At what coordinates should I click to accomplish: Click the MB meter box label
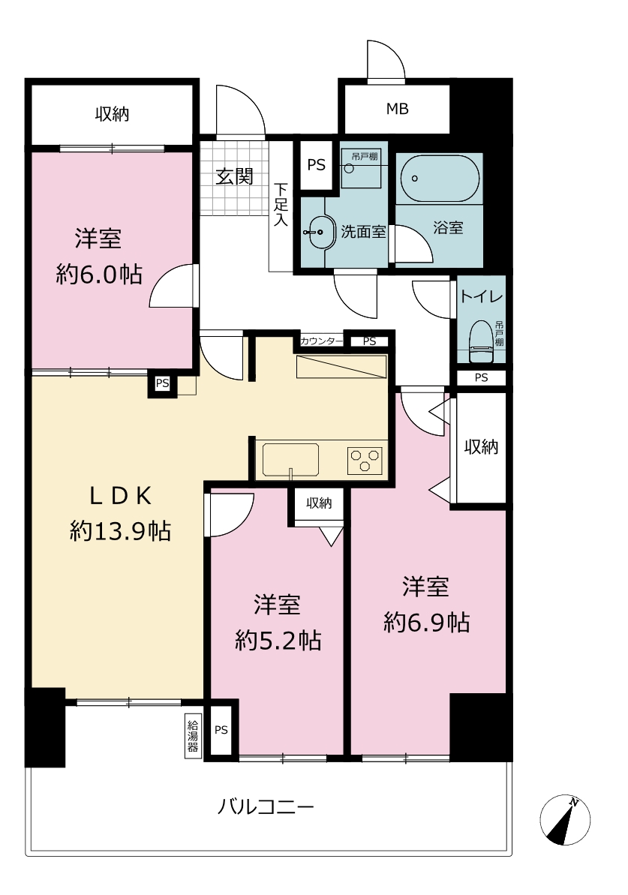click(x=398, y=109)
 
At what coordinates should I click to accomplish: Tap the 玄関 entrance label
click(x=234, y=176)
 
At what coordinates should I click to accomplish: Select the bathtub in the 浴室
click(x=439, y=178)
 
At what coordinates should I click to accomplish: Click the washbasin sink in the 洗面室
click(x=319, y=233)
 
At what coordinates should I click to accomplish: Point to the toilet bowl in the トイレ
click(x=481, y=341)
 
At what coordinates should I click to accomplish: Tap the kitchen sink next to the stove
click(x=290, y=459)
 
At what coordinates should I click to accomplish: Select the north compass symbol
click(x=565, y=820)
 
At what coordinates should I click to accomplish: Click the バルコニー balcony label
click(x=266, y=806)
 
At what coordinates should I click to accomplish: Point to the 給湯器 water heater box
click(x=193, y=736)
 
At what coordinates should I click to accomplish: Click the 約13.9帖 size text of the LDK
click(x=121, y=531)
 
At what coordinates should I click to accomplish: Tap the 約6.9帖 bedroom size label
click(x=426, y=622)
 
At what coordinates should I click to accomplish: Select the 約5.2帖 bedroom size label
click(x=278, y=641)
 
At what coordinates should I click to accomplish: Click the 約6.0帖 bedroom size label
click(x=99, y=275)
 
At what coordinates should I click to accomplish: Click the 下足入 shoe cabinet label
click(x=281, y=204)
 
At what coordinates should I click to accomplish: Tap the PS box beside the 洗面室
click(x=317, y=165)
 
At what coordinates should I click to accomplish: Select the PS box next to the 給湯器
click(x=221, y=730)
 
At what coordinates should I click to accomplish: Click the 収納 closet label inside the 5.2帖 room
click(x=319, y=503)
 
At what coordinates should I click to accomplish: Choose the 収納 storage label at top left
click(x=112, y=114)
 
